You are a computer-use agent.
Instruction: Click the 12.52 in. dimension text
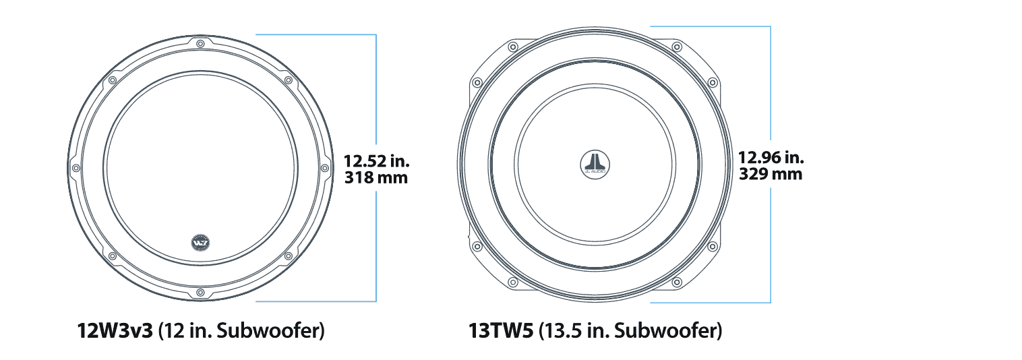376,162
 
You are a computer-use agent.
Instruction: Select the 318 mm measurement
376,179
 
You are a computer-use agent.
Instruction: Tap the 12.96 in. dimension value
771,158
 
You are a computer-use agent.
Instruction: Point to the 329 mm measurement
771,174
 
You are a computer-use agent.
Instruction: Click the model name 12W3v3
115,332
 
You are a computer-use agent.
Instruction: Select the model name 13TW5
502,332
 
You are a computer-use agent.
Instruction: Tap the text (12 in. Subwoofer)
241,332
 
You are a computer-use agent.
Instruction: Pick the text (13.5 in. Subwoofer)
630,332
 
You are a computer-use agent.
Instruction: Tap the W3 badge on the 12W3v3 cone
200,240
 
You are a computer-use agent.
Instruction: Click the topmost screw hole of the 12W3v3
200,44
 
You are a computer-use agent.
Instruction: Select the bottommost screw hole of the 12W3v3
200,292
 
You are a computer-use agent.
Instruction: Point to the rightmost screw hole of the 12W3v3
325,168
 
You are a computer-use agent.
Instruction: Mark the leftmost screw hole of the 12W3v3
76,168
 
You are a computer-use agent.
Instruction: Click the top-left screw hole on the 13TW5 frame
512,47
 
